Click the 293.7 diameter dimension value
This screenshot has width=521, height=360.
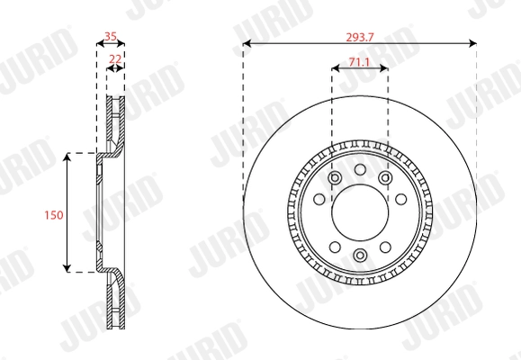coord(359,37)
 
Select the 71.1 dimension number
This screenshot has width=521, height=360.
coord(359,61)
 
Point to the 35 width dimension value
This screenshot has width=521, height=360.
coord(112,37)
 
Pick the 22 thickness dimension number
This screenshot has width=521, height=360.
coord(115,58)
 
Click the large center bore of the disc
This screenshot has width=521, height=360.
coord(359,212)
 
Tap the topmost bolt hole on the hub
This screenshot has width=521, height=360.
coord(359,169)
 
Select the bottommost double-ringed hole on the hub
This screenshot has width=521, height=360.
coord(359,256)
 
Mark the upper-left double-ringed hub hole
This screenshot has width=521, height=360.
coord(334,178)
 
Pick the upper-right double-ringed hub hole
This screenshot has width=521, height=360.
coord(385,178)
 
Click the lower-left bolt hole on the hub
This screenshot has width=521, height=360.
coord(334,247)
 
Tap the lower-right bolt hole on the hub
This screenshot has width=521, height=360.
coord(385,247)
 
